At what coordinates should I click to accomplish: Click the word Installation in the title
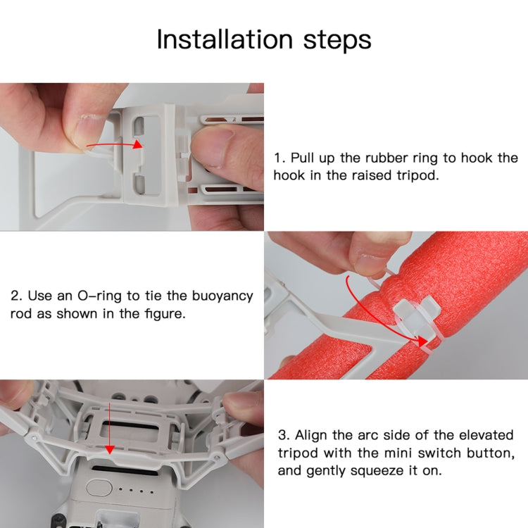pos(211,39)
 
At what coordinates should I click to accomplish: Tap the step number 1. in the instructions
pos(279,158)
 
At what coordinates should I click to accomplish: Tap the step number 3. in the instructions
pos(283,435)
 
